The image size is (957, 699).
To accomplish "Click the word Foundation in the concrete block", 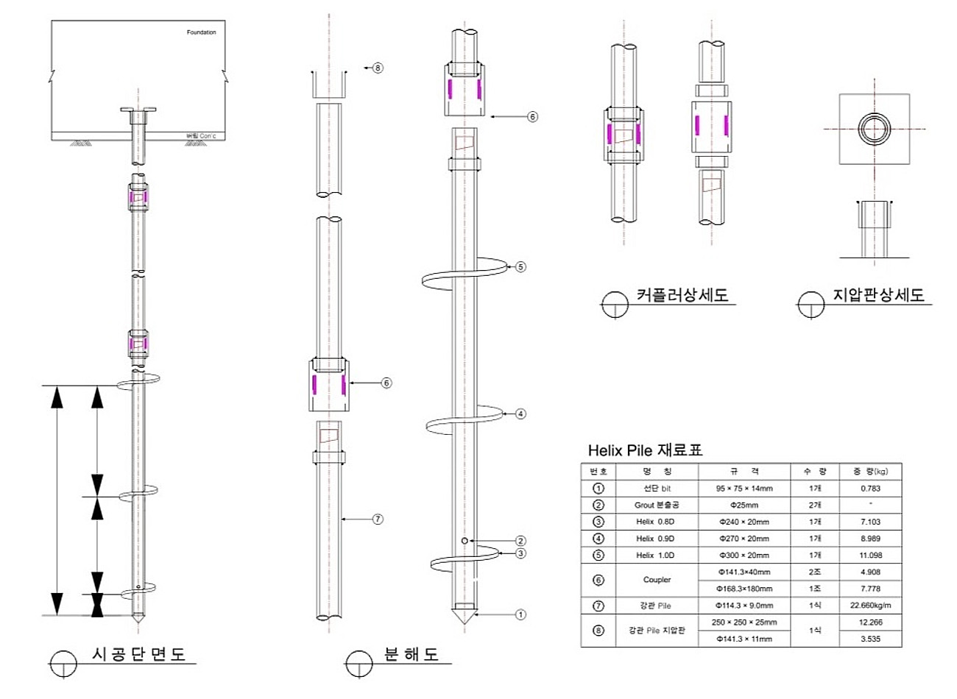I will tap(201, 32).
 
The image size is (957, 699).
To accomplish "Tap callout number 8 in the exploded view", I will tap(378, 68).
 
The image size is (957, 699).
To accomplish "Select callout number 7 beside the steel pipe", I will tap(378, 519).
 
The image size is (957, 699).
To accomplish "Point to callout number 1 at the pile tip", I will tap(520, 614).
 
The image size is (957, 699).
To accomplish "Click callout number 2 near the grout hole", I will tap(520, 541).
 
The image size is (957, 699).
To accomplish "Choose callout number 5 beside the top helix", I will tap(520, 266).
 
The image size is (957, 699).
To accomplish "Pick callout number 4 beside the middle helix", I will tap(520, 414).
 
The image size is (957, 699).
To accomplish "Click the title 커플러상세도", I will tap(682, 295).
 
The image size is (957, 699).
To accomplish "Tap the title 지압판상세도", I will tap(878, 295).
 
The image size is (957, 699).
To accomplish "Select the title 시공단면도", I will tap(139, 654).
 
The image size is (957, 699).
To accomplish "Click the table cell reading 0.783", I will tap(870, 489).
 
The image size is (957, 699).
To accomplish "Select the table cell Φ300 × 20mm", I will tap(744, 555).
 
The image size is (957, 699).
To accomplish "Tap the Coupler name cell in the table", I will tap(657, 580).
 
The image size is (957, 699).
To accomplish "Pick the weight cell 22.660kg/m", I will tap(870, 606).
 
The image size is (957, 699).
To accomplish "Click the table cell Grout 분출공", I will tap(657, 505).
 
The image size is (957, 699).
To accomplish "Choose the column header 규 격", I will tap(744, 471).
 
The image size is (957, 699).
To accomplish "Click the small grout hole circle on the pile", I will tap(465, 541).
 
